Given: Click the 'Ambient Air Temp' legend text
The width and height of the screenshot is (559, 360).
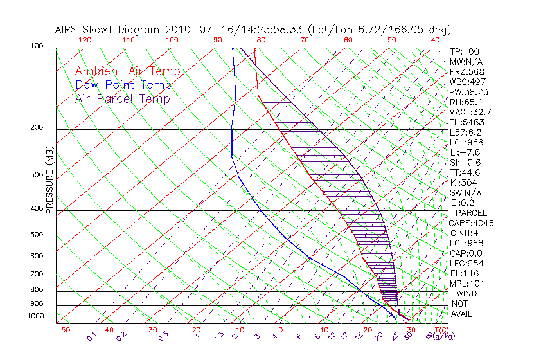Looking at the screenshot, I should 127,71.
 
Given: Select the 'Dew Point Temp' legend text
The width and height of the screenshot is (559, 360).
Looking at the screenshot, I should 123,85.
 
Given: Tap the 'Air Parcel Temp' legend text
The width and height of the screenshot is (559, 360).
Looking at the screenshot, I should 122,98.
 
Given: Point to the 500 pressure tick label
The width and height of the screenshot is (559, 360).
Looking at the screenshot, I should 38,235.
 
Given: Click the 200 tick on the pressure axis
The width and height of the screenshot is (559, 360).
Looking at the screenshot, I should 38,127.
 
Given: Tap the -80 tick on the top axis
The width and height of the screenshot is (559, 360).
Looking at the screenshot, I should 258,39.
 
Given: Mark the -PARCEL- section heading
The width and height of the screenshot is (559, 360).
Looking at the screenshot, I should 471,213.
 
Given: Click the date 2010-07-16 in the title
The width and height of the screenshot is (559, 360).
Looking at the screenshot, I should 192,30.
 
